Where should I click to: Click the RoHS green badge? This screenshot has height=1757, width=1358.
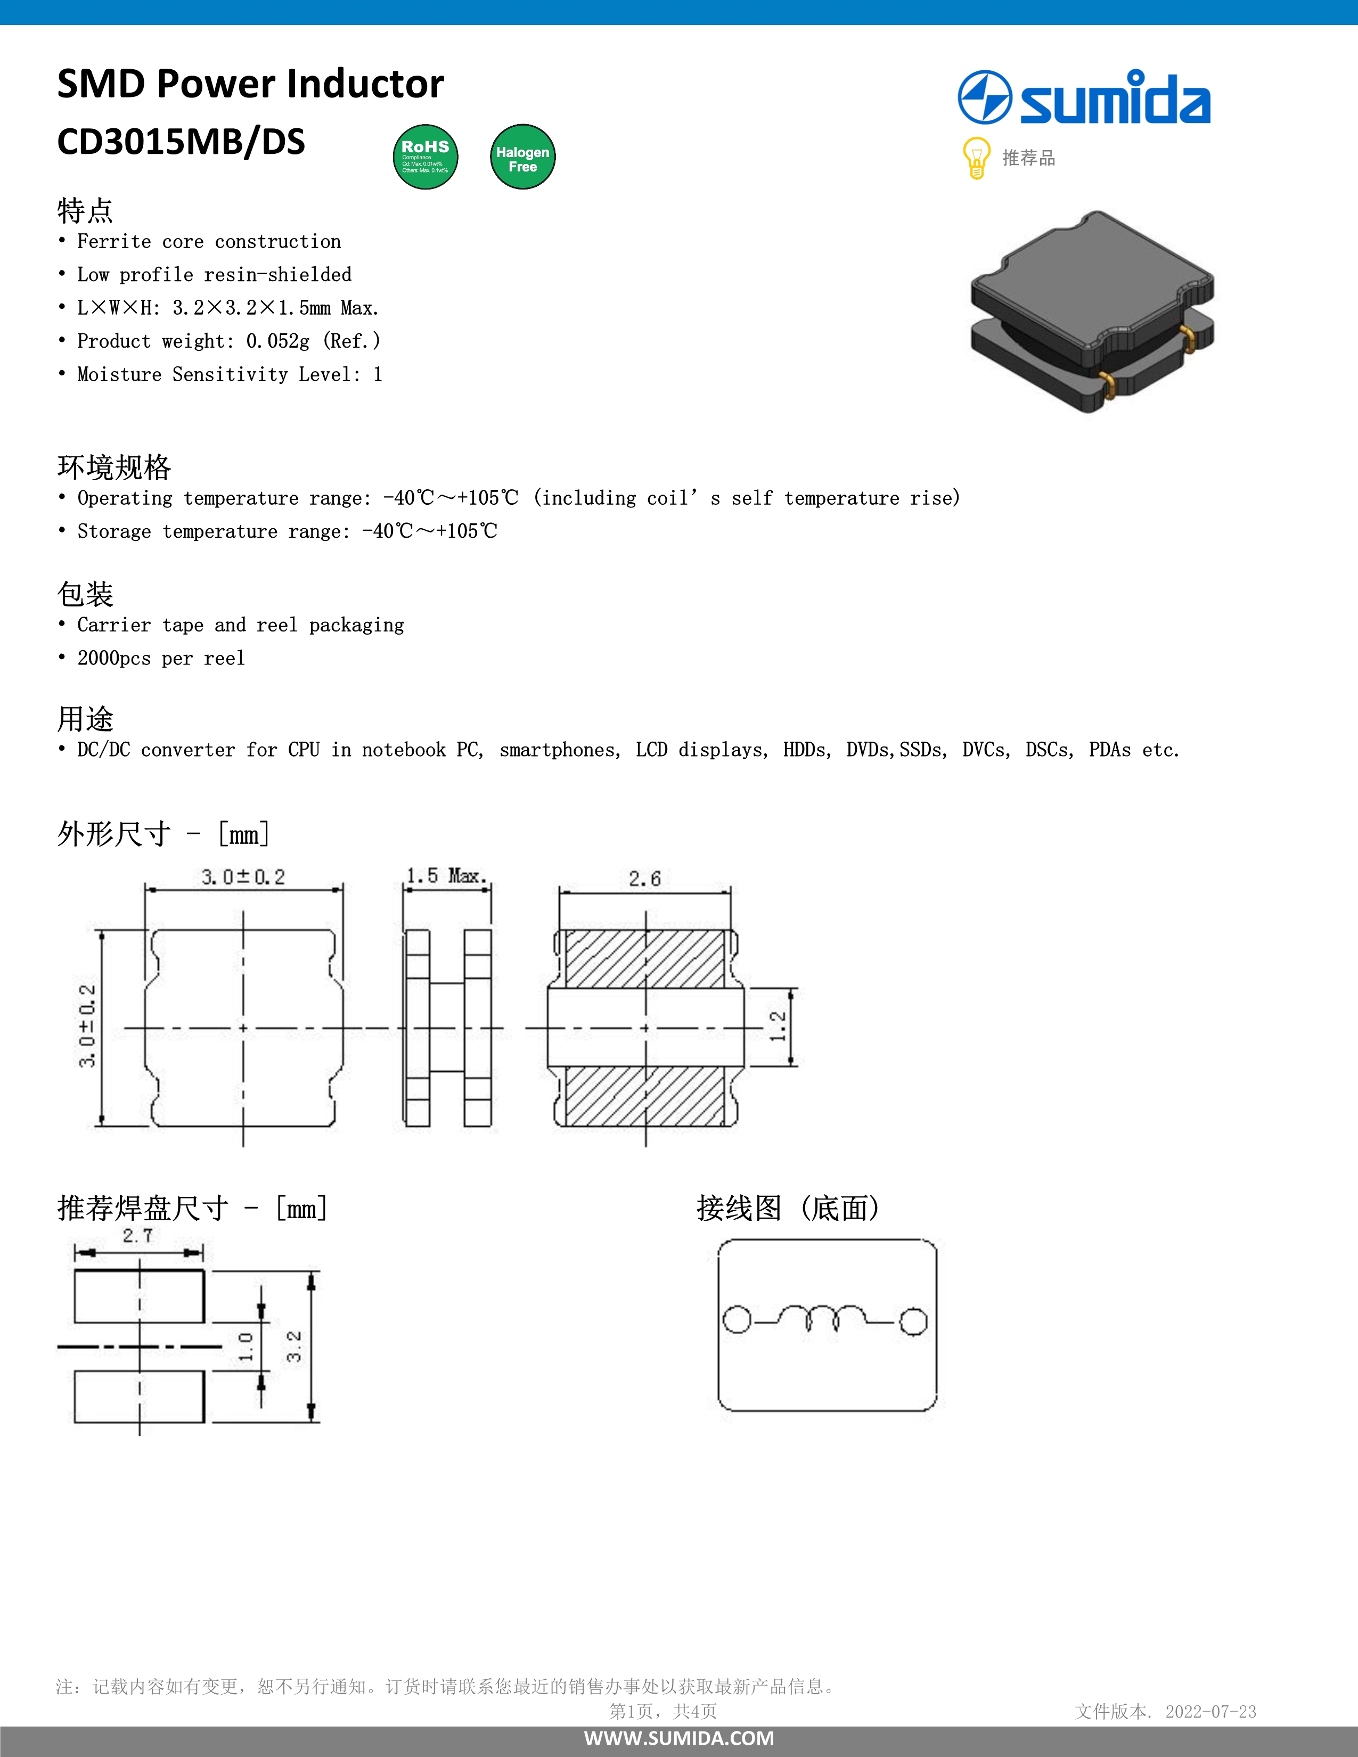click(x=426, y=157)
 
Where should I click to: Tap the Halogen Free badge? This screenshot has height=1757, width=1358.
click(x=523, y=157)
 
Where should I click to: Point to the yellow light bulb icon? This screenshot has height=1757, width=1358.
click(x=976, y=157)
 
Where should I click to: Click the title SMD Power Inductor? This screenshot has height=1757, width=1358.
click(x=250, y=84)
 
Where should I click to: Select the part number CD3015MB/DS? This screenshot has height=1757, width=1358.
click(x=181, y=142)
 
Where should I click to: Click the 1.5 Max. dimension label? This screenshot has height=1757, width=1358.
click(x=446, y=875)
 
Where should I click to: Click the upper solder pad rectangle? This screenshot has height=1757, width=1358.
click(x=139, y=1296)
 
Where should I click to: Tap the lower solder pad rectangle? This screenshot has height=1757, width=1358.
click(x=139, y=1397)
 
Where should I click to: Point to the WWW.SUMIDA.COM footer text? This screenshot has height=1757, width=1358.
click(x=679, y=1738)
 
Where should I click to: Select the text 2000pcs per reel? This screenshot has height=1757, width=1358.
click(x=161, y=658)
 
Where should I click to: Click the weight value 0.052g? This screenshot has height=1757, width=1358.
click(x=277, y=341)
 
